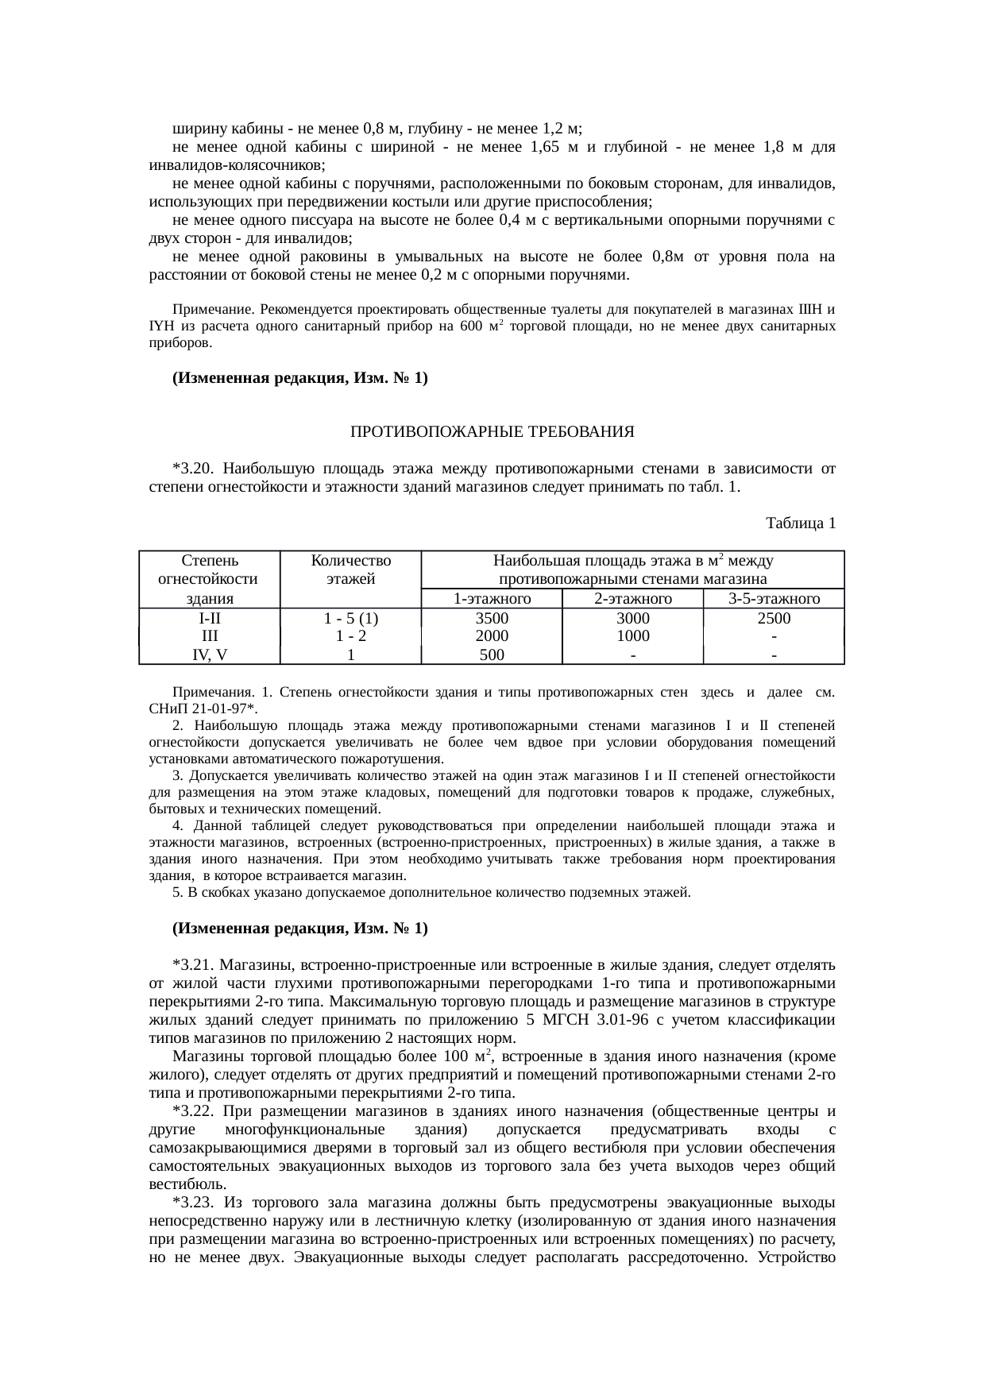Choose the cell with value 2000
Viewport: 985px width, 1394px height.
click(x=491, y=635)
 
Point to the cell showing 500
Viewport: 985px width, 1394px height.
click(x=491, y=655)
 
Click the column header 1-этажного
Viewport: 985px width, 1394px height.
click(x=491, y=599)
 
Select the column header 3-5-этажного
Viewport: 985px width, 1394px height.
click(x=773, y=599)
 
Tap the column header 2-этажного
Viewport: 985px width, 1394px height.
click(x=632, y=599)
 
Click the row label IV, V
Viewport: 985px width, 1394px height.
click(x=209, y=655)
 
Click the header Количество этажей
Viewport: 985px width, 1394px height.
click(x=350, y=570)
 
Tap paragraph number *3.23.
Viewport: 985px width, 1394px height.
click(x=191, y=1202)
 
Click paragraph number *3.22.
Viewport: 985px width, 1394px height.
click(x=191, y=1111)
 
